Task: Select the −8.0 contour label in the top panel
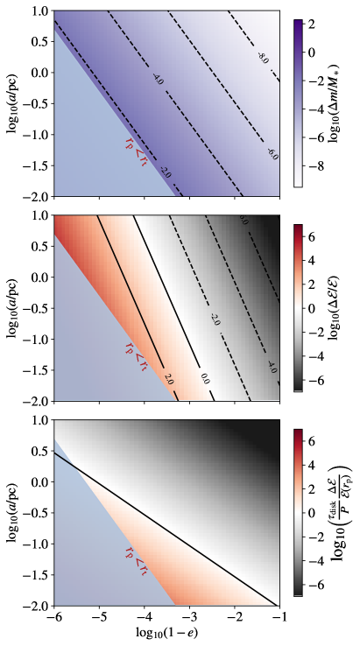(261, 60)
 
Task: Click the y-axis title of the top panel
(11, 102)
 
